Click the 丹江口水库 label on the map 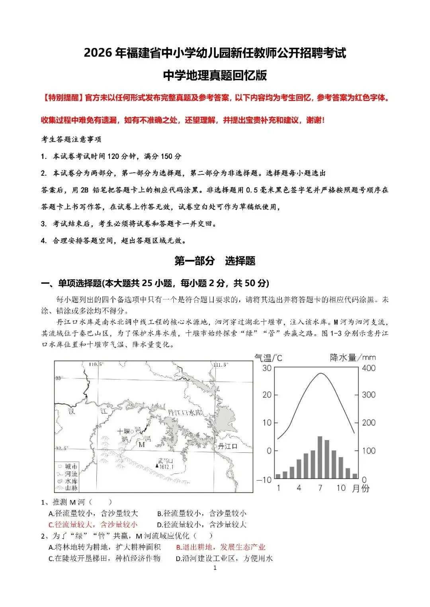click(x=186, y=413)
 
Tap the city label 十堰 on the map click(x=124, y=431)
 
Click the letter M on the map click(x=141, y=444)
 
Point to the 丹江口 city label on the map click(x=228, y=446)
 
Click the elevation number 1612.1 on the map click(x=166, y=467)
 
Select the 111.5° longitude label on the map click(x=220, y=365)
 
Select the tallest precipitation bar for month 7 click(x=320, y=457)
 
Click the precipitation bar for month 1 click(x=278, y=476)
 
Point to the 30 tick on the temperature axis click(x=267, y=368)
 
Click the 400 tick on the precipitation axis click(x=369, y=368)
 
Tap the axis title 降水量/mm click(x=353, y=357)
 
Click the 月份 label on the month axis click(x=361, y=488)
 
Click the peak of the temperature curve click(x=321, y=373)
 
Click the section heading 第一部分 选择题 click(x=215, y=261)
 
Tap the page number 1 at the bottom click(x=215, y=568)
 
